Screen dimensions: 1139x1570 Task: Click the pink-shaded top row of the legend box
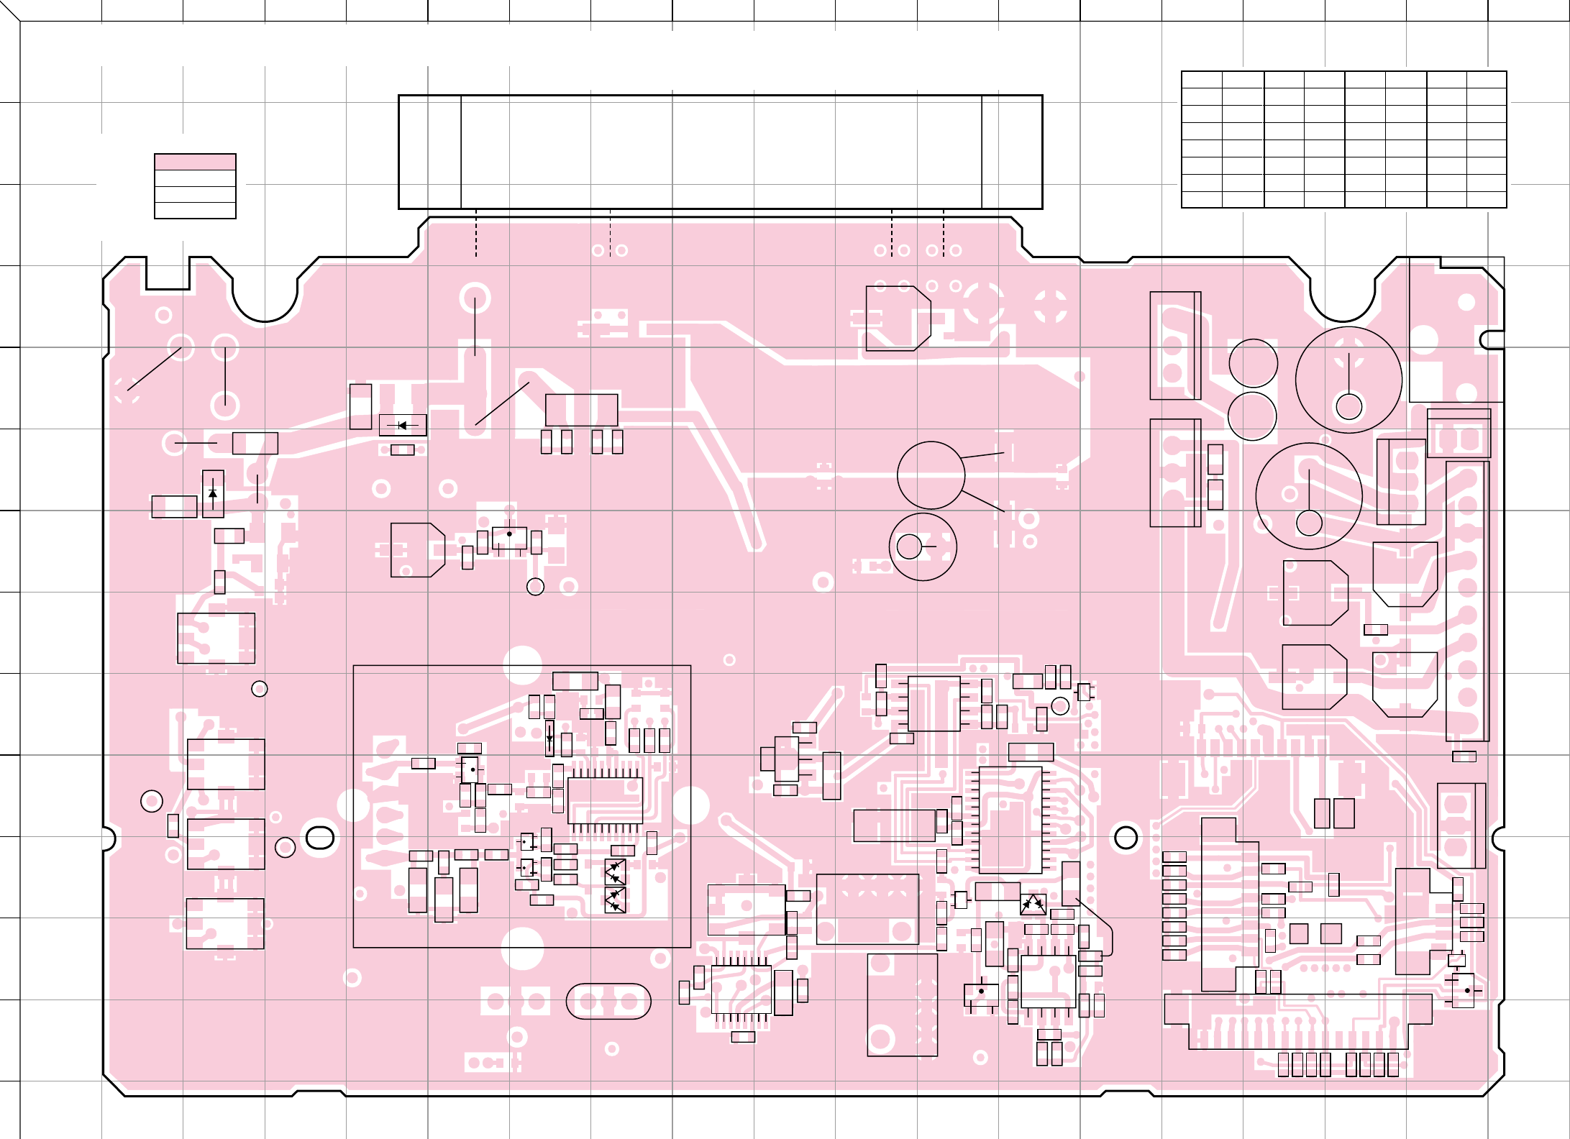[195, 162]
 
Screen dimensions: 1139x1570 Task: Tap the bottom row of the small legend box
[195, 210]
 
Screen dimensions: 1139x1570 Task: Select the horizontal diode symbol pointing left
[402, 426]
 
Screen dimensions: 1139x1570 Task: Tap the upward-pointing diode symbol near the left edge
[213, 493]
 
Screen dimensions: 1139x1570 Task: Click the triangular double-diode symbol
[1033, 905]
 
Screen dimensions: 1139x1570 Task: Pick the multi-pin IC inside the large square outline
[605, 800]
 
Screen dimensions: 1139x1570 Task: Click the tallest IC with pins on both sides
[1010, 820]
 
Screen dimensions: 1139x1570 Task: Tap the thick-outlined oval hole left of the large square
[320, 837]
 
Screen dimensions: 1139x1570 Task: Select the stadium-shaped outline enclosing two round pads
[608, 1002]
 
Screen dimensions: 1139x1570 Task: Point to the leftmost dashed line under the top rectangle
[476, 233]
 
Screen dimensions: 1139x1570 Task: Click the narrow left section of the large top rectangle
[430, 152]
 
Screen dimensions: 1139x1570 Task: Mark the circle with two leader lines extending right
[931, 475]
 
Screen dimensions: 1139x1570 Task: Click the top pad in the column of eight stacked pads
[1174, 856]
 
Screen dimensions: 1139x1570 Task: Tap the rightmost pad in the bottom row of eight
[1393, 1065]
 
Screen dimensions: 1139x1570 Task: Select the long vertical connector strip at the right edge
[1467, 600]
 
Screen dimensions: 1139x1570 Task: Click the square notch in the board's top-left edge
[168, 273]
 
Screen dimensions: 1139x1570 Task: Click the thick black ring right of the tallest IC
[1126, 837]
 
